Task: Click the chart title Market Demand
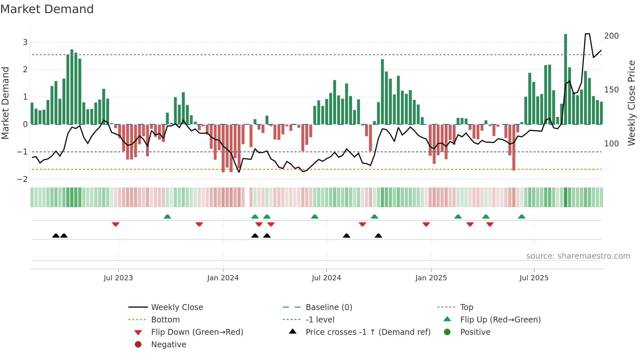coord(47,9)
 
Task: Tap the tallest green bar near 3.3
coord(566,78)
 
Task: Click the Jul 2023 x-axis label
coord(118,278)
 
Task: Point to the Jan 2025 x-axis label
coord(431,278)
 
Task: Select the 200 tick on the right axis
coord(611,36)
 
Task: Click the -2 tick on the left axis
coord(23,179)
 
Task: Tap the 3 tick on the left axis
coord(25,42)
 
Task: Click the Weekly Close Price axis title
coord(632,103)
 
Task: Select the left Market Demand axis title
coord(6,103)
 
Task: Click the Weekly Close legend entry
coord(177,307)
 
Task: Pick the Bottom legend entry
coord(165,320)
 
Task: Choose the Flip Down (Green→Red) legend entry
coord(197,332)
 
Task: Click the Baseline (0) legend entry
coord(328,307)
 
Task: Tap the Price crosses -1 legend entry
coord(368,332)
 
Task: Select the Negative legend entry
coord(168,345)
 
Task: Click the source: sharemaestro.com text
coord(578,256)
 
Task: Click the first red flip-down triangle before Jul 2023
coord(116,224)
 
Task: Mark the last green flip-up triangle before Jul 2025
coord(522,217)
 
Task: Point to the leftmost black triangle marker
coord(56,236)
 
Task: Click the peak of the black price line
coord(587,34)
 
